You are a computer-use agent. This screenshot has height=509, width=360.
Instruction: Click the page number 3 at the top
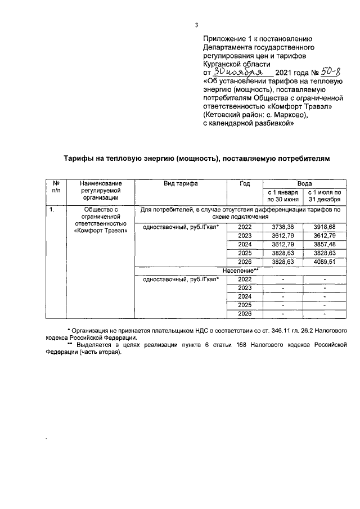click(196, 25)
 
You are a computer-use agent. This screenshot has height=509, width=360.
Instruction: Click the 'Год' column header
click(245, 183)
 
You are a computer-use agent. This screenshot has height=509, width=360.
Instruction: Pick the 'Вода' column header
click(304, 183)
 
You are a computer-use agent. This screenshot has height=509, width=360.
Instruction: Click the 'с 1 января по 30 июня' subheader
click(283, 196)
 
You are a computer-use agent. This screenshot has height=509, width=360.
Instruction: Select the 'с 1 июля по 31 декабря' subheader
click(325, 196)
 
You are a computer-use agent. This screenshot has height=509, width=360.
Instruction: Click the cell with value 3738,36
click(283, 226)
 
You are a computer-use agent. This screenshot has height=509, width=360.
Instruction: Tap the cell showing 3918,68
click(325, 226)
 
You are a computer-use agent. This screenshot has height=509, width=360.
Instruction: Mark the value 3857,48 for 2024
click(325, 244)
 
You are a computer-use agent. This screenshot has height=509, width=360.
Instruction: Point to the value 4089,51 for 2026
click(325, 262)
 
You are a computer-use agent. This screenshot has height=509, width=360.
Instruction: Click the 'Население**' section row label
click(240, 271)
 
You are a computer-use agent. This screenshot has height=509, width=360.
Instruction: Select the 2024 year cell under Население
click(245, 296)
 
